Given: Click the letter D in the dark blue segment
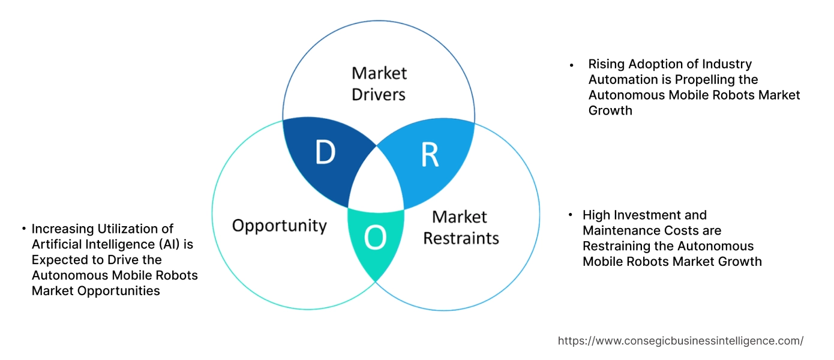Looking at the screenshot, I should click(x=325, y=154).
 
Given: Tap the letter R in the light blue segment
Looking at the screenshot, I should click(x=430, y=155).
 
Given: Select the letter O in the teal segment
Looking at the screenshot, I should click(x=376, y=238).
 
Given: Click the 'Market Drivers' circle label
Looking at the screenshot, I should click(x=379, y=83).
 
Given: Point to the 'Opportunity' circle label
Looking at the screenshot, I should click(x=279, y=226).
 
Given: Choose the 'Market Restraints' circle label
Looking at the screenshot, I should click(x=461, y=227).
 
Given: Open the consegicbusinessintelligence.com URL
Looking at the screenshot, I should click(x=680, y=341).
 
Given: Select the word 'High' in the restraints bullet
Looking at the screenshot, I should click(x=597, y=215).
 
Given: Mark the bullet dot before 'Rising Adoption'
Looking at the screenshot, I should click(x=572, y=64).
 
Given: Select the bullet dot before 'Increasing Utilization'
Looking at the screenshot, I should click(x=23, y=229).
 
